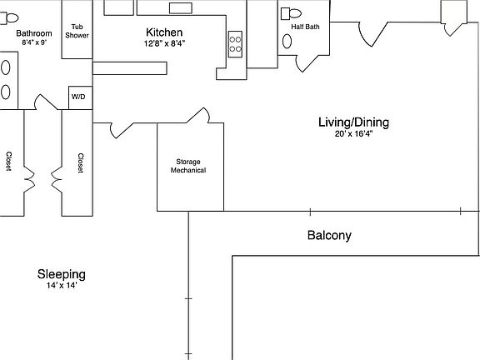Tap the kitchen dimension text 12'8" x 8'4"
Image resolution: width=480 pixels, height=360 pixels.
164,43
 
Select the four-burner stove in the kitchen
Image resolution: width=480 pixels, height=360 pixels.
236,43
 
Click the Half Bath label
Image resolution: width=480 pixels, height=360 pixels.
305,27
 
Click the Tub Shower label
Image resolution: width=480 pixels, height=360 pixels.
77,30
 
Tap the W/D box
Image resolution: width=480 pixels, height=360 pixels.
77,97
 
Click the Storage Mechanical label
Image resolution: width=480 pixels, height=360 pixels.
188,166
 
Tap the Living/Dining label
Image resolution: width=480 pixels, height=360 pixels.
353,122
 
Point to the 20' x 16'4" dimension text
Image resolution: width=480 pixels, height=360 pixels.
353,134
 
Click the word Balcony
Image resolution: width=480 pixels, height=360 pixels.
329,236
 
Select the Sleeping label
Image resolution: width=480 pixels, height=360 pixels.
61,274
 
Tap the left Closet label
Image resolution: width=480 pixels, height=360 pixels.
8,162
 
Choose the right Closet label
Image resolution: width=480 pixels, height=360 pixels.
80,162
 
